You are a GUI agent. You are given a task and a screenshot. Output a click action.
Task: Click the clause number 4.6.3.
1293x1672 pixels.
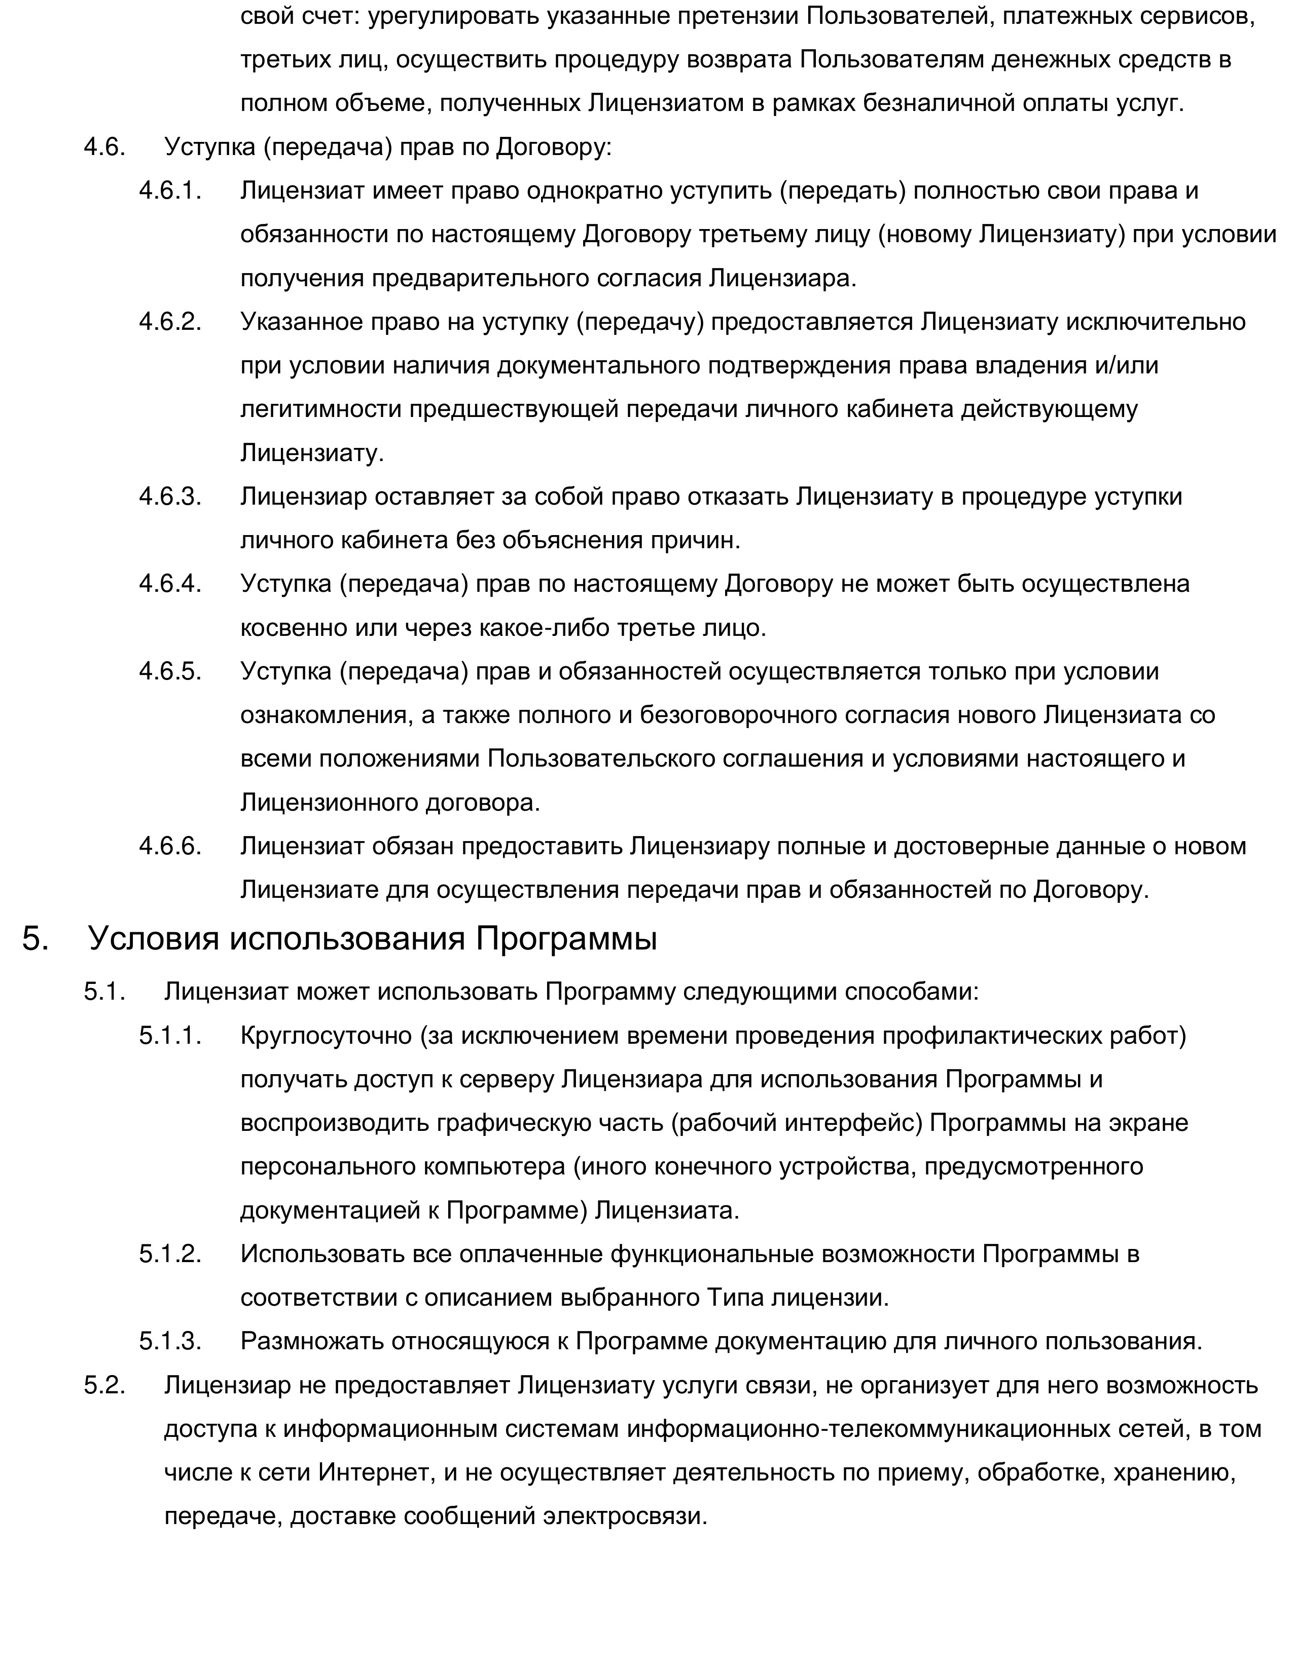coord(170,497)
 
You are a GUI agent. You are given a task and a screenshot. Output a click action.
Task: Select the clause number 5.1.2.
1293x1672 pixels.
coord(170,1254)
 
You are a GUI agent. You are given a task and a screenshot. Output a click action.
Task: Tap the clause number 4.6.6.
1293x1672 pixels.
coord(170,846)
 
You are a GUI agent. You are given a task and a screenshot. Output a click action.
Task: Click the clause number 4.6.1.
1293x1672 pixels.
coord(170,191)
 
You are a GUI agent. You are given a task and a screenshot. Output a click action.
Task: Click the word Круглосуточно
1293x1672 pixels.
coord(326,1036)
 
